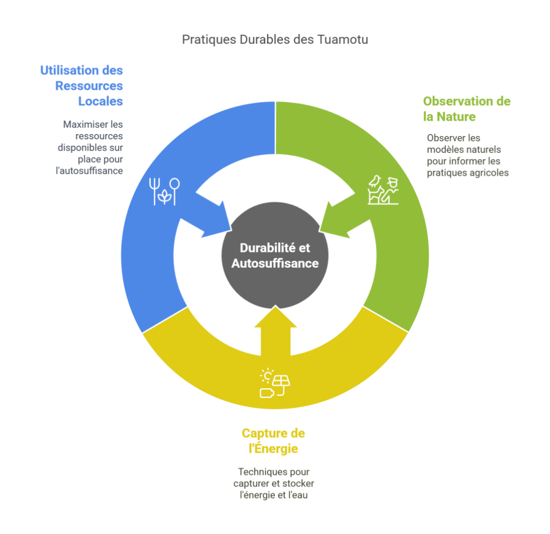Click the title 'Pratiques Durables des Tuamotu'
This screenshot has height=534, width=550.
275,40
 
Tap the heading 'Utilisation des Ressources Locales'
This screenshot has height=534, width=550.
82,86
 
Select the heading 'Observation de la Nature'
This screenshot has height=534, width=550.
467,108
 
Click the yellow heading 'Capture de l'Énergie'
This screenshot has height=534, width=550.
273,441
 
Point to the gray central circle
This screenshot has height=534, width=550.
275,256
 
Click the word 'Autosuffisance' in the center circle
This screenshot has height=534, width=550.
275,263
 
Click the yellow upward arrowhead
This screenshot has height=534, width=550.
276,316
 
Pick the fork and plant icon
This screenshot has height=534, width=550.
164,191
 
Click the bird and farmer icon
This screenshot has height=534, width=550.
383,190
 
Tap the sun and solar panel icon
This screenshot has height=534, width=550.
274,383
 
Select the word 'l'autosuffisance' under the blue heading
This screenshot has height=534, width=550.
89,171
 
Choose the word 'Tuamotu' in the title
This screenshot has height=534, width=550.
343,40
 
